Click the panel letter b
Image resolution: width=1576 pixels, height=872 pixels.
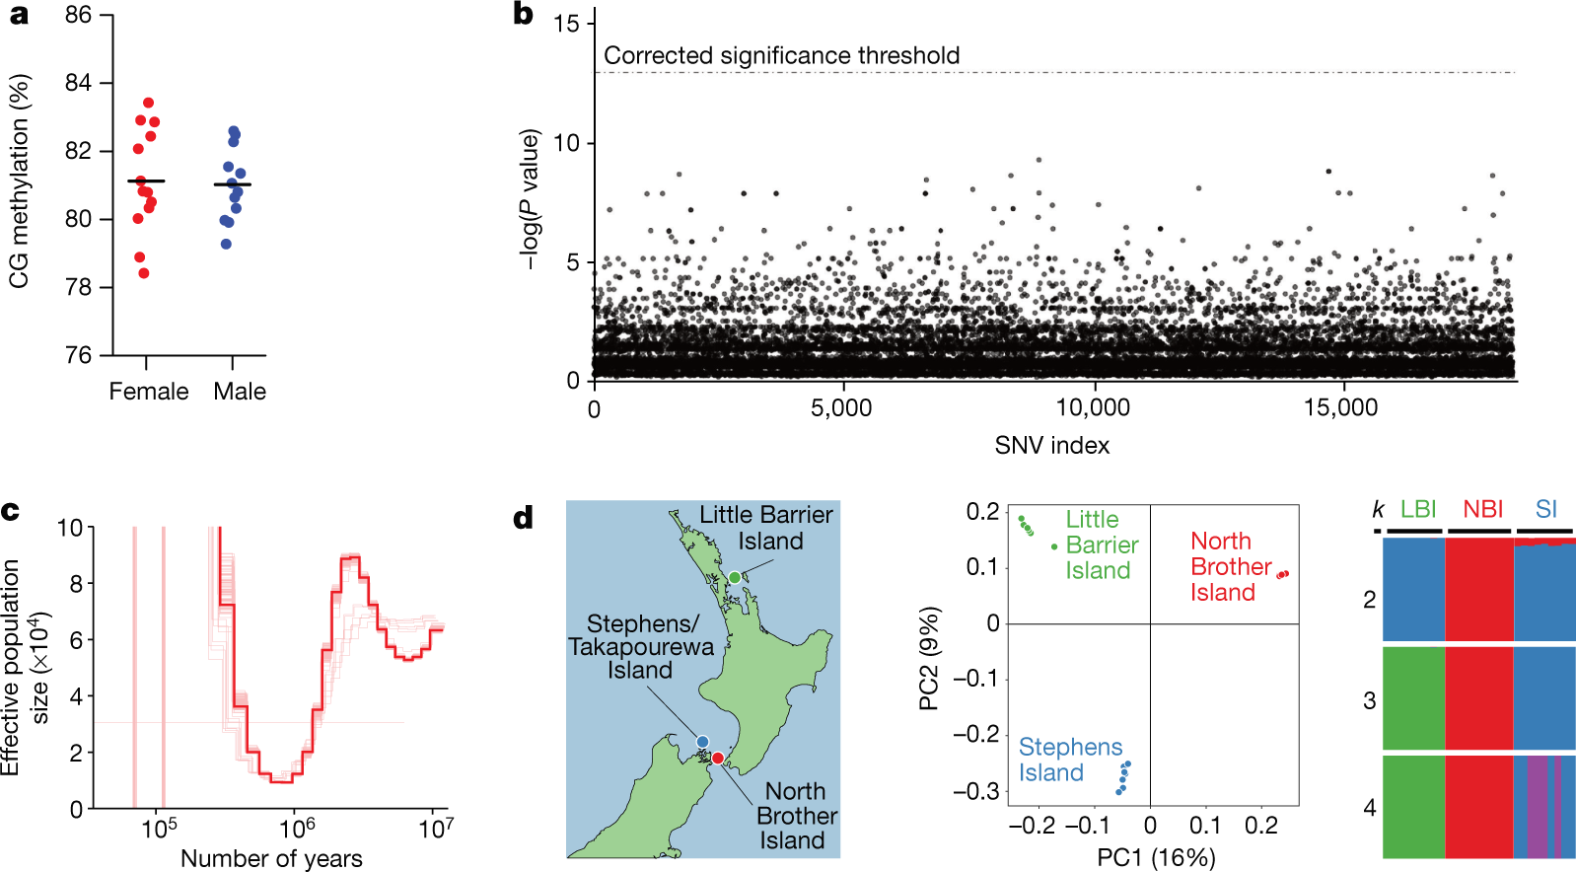pyautogui.click(x=523, y=15)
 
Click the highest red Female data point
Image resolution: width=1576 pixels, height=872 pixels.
pyautogui.click(x=149, y=103)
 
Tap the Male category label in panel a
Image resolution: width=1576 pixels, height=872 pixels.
pyautogui.click(x=240, y=392)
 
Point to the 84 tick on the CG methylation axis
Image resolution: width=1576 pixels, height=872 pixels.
pyautogui.click(x=79, y=83)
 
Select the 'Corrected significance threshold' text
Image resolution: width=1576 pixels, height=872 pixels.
pyautogui.click(x=781, y=55)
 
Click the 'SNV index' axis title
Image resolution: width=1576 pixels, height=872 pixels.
pyautogui.click(x=1051, y=446)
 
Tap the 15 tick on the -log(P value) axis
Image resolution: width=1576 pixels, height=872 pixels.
pyautogui.click(x=567, y=24)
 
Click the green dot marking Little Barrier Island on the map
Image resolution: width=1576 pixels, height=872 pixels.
pyautogui.click(x=734, y=577)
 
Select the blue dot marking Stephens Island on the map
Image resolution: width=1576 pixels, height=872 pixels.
pyautogui.click(x=702, y=742)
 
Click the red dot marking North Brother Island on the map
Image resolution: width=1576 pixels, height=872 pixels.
pyautogui.click(x=718, y=758)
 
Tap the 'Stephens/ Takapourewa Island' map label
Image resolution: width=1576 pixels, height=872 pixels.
pyautogui.click(x=641, y=647)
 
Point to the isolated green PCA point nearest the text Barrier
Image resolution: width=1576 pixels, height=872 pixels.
pyautogui.click(x=1054, y=546)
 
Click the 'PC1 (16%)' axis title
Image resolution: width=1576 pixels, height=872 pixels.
pyautogui.click(x=1156, y=856)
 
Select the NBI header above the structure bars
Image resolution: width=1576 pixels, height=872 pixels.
pyautogui.click(x=1482, y=509)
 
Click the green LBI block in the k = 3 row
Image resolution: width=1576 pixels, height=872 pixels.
pyautogui.click(x=1414, y=698)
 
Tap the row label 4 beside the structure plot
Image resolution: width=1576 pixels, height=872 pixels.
pyautogui.click(x=1369, y=808)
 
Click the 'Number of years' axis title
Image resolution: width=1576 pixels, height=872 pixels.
pyautogui.click(x=271, y=858)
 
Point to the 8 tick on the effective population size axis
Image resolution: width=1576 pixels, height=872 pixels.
pyautogui.click(x=76, y=584)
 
